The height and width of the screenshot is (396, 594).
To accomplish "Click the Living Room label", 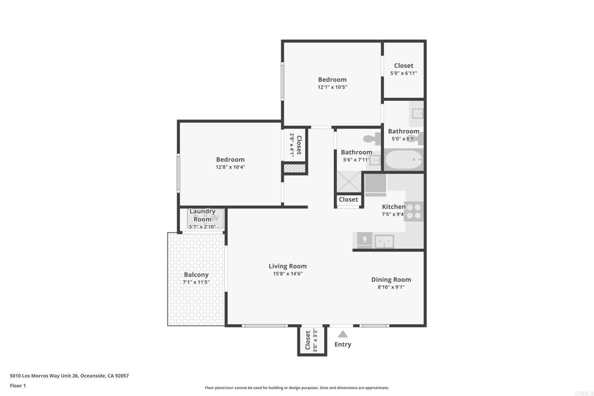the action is pos(288,266).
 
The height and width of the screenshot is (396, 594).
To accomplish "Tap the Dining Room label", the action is pos(391,279).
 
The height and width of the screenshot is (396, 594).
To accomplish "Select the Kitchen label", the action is pos(394,206).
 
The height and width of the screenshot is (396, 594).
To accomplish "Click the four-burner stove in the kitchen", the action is pos(413,211).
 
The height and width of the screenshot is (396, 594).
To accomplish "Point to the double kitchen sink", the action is pos(384,241).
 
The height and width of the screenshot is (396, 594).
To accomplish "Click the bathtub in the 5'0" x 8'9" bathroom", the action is pos(404,159).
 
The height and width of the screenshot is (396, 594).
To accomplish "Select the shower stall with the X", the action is pos(349,182).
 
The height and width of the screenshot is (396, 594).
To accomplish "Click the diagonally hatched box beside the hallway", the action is pos(295,168).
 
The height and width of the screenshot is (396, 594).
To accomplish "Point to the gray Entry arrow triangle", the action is pos(343,334).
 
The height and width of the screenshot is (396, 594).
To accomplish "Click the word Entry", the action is pos(343,344).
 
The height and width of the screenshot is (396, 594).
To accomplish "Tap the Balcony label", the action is pos(196,275).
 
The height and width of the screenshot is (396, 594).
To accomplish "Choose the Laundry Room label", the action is pos(202,215).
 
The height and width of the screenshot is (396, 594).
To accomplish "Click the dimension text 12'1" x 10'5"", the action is pos(332,87).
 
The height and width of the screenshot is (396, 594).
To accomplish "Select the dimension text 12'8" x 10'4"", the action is pos(230,167).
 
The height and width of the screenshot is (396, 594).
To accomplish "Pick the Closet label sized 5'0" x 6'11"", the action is pos(404,66).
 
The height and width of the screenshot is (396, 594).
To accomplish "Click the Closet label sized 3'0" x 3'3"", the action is pos(307,340).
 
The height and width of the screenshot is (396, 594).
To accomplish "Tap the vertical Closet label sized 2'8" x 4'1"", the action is pos(299,145).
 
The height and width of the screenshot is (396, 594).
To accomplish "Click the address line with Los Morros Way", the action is pos(70,376).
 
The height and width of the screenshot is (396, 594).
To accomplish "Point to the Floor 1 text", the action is pos(18,386).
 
